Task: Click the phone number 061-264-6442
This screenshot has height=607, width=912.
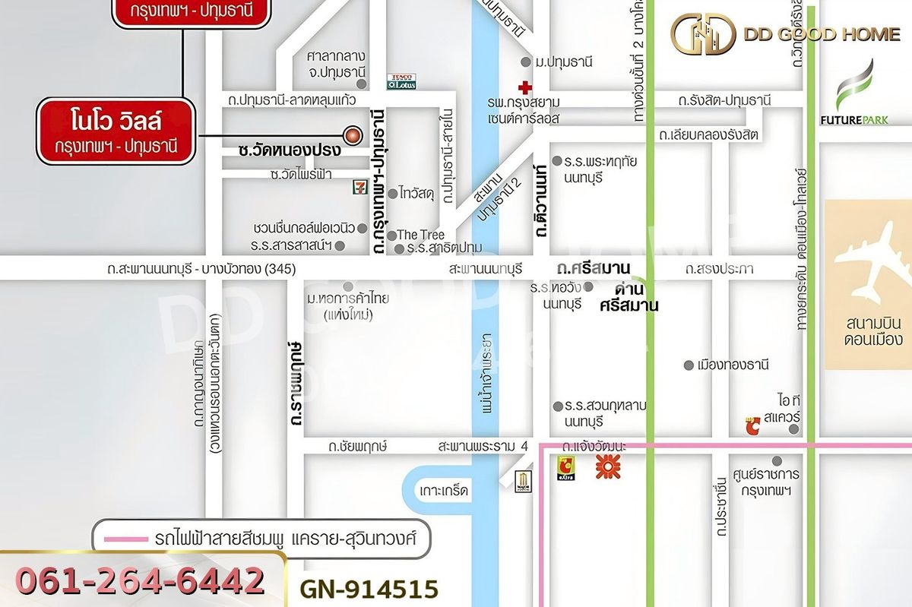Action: tap(141, 581)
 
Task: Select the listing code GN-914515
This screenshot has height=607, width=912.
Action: tap(369, 590)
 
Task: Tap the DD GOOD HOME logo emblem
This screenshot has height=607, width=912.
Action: tap(702, 33)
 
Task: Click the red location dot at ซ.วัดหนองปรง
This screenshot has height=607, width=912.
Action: tap(352, 135)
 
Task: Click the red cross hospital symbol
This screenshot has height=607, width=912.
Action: tap(524, 87)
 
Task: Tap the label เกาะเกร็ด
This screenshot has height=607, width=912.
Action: tap(445, 492)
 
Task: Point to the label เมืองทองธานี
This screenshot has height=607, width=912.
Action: tap(733, 365)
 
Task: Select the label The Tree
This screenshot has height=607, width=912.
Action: tap(420, 235)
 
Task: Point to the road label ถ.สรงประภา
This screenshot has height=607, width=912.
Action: tap(718, 269)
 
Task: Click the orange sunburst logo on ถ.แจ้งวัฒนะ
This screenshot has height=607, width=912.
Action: tap(608, 466)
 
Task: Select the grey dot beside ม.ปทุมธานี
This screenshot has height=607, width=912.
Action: tap(525, 62)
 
